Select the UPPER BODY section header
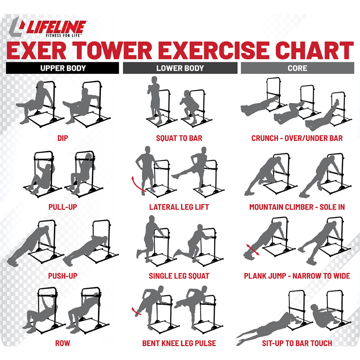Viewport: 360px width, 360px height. (62, 68)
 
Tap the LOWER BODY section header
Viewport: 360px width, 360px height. (180, 68)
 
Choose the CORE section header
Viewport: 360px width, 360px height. (297, 68)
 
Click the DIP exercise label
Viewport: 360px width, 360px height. (63, 138)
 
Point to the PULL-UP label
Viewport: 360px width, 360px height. (63, 207)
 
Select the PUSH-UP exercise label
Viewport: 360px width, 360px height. (63, 276)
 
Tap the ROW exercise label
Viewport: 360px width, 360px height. (63, 343)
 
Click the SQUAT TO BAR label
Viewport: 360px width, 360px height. (179, 138)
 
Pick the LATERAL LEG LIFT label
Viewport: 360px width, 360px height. (179, 207)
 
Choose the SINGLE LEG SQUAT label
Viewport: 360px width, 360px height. (179, 276)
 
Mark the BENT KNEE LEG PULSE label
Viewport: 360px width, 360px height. (179, 343)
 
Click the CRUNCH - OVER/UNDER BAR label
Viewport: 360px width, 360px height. (297, 138)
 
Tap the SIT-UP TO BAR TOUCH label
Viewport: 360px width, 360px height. (297, 343)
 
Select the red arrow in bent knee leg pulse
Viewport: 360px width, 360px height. (135, 311)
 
